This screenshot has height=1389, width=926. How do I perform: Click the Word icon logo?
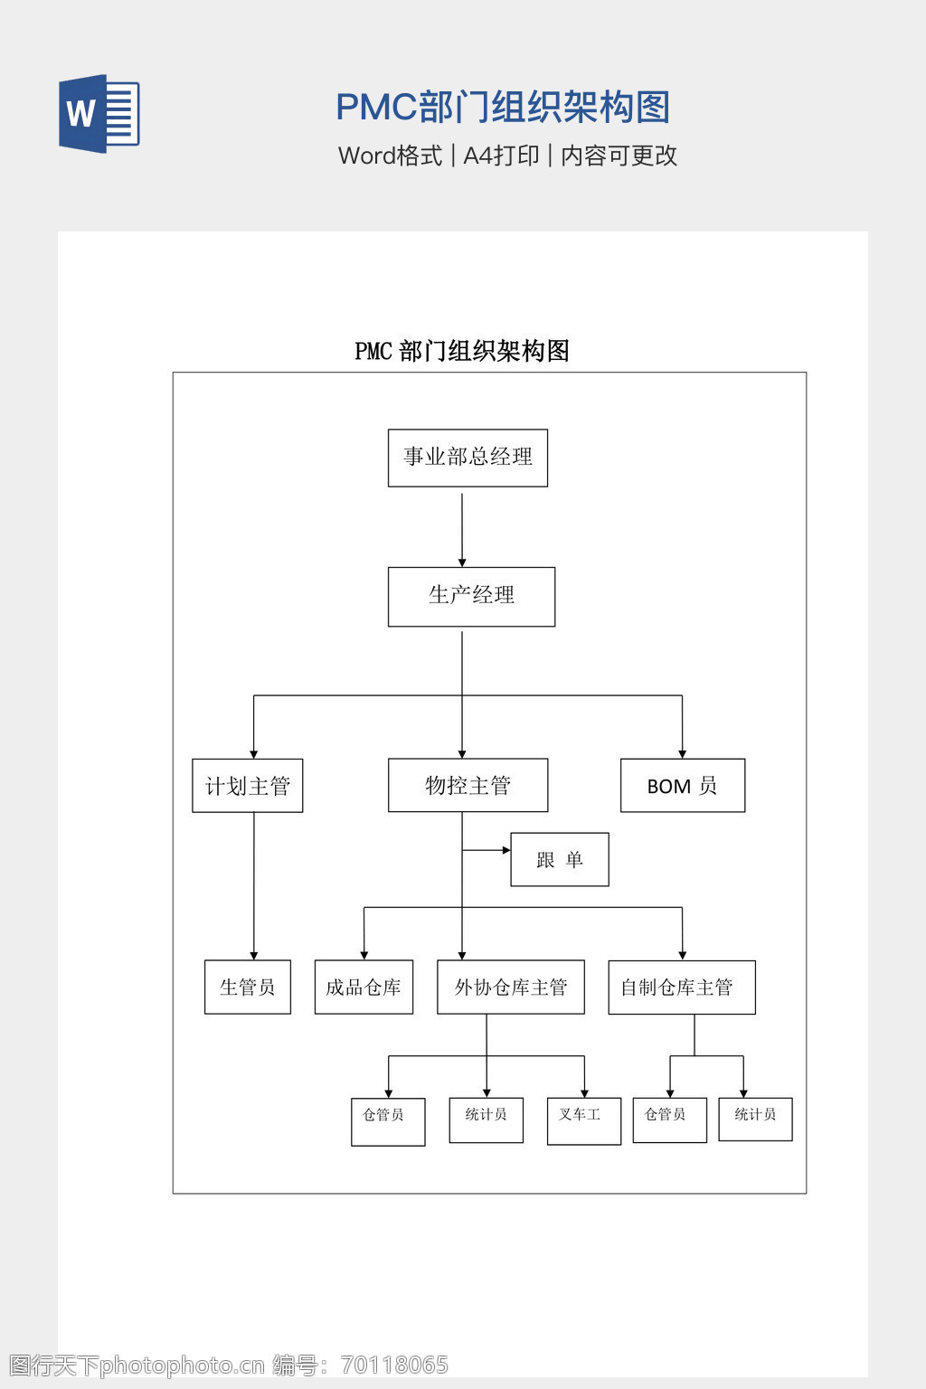click(x=99, y=113)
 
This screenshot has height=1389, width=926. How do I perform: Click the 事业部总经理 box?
click(x=468, y=458)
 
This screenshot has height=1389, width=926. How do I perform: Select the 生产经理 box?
click(x=471, y=596)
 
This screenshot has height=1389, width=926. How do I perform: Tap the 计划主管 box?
click(x=247, y=786)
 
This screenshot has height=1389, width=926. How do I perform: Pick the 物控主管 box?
click(x=468, y=785)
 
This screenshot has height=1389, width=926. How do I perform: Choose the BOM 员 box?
click(x=682, y=786)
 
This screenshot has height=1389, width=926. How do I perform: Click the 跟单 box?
click(x=559, y=859)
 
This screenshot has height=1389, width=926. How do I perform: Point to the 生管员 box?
click(x=247, y=987)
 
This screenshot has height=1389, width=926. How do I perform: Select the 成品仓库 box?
click(x=364, y=987)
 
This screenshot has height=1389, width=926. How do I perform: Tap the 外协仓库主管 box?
click(x=510, y=987)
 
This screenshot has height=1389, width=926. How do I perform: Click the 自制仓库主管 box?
click(x=681, y=987)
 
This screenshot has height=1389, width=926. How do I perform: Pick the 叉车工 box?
click(x=583, y=1120)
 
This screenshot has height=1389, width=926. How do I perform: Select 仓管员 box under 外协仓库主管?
click(x=387, y=1121)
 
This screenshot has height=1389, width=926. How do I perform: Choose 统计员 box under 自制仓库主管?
click(x=755, y=1119)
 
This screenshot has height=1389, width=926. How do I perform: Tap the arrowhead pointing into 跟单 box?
click(x=506, y=850)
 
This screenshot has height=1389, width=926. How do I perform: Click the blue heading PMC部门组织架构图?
click(x=503, y=107)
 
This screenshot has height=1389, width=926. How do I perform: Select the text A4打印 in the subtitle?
click(x=501, y=156)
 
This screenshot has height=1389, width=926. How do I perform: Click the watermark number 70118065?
click(x=394, y=1365)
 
